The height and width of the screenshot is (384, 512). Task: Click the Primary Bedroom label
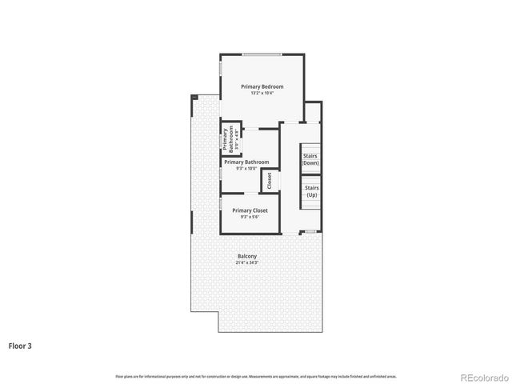tap(262, 86)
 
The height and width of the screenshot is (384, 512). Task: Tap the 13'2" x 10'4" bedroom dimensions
tap(262, 94)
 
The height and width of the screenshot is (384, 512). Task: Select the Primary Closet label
tap(250, 210)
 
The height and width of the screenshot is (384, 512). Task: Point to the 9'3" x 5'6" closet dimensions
tap(250, 217)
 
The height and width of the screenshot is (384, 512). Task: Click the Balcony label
tap(247, 256)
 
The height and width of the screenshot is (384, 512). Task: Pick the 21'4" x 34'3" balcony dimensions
tap(247, 262)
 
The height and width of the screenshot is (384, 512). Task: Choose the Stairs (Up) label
tap(311, 191)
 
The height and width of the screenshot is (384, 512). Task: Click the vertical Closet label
tap(270, 181)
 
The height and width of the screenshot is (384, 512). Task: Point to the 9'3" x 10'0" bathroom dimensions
tap(246, 168)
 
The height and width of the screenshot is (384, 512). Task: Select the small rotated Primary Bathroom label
tap(229, 138)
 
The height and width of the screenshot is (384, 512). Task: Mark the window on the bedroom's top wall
tap(262, 54)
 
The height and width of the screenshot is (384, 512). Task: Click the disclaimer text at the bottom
tap(256, 375)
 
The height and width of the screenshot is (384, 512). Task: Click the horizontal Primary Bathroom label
tap(246, 162)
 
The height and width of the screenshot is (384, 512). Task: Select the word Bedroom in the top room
tap(273, 86)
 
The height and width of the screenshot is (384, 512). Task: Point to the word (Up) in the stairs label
tap(311, 195)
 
